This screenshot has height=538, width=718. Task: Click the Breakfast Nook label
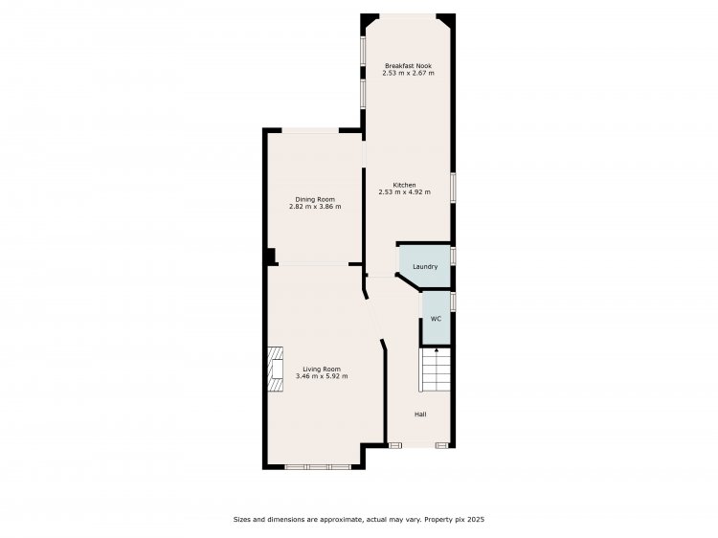(x=408, y=66)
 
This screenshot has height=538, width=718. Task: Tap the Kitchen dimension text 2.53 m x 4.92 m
(x=404, y=192)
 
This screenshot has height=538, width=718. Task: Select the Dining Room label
(x=315, y=200)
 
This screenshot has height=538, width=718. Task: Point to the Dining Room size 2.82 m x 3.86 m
(x=315, y=207)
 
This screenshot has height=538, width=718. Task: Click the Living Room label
(x=322, y=370)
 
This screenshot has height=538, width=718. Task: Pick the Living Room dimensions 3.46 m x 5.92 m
(x=322, y=376)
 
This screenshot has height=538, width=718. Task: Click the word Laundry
(x=425, y=266)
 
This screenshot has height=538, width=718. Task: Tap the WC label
(x=436, y=319)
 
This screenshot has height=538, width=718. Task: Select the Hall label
(x=420, y=415)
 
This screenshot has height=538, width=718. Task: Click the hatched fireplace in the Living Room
(x=275, y=370)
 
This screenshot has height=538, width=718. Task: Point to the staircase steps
(x=435, y=370)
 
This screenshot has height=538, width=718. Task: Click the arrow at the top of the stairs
(x=437, y=351)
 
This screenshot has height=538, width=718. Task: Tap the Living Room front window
(x=318, y=467)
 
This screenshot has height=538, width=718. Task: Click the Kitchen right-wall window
(x=453, y=187)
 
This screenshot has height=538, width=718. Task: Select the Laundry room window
(x=453, y=256)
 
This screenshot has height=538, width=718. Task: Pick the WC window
(x=453, y=302)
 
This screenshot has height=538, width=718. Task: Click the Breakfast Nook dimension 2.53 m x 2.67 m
(x=408, y=74)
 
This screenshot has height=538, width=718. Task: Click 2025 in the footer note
(x=475, y=520)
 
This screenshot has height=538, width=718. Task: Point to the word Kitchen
(x=404, y=185)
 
